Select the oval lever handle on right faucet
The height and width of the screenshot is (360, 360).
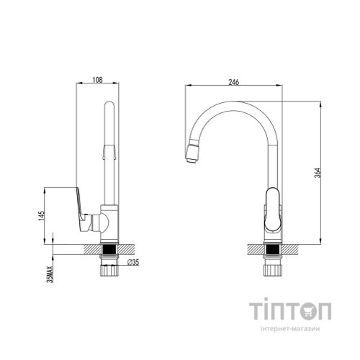point(272,210)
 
